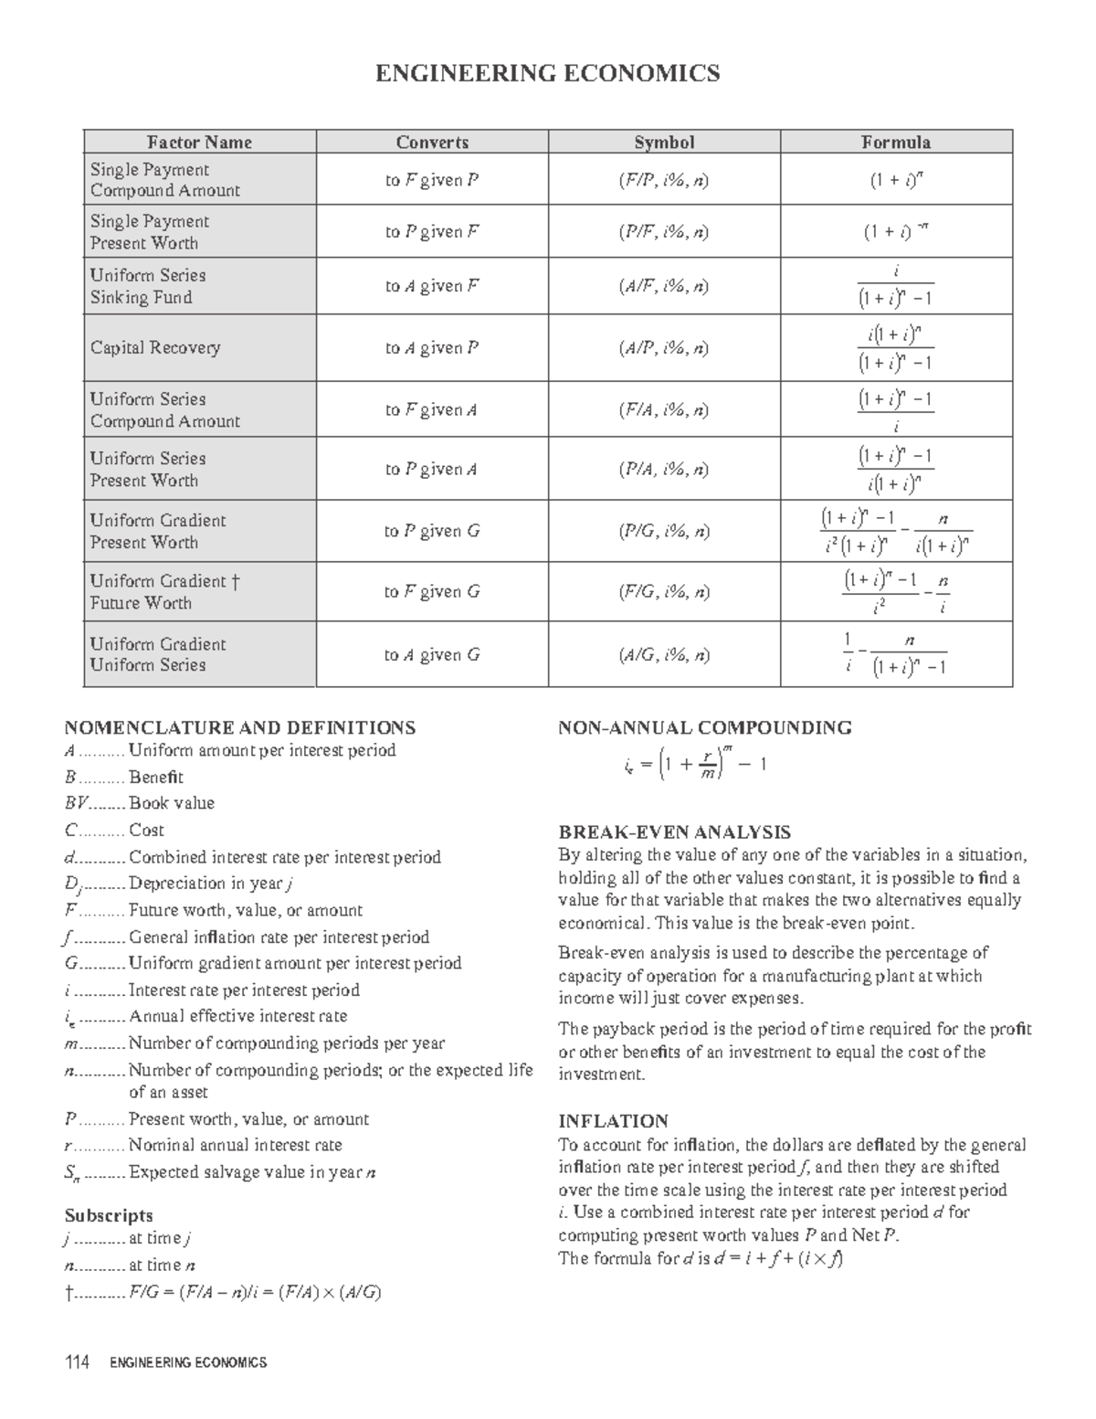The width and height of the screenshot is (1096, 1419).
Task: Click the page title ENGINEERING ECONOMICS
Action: coord(547,73)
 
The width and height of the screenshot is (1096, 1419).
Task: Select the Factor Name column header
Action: coord(200,142)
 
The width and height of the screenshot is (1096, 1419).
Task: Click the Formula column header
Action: coord(896,142)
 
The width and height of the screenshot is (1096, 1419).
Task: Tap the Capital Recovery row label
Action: coord(155,347)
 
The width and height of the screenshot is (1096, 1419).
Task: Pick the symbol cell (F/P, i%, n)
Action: coord(664,180)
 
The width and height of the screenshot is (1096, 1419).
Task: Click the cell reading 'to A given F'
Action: coord(431,286)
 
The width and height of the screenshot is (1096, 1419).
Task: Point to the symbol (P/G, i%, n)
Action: coord(664,531)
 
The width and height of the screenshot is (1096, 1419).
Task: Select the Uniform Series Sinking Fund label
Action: coord(147,286)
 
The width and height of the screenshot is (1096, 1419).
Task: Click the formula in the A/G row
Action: coord(895,654)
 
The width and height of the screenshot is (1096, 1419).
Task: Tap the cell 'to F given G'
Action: coord(431,591)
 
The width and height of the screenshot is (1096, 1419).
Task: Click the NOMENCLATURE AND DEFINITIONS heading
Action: coord(239,727)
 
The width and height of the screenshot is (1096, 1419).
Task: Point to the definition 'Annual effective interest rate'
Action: coord(237,1016)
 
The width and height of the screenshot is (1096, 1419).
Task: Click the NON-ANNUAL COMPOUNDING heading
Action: coord(704,727)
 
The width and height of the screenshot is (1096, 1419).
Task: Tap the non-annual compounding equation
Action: coord(690,763)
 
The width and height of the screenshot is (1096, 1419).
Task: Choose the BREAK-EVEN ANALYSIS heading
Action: coord(674,832)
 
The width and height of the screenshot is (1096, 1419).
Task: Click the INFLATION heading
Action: coord(613,1121)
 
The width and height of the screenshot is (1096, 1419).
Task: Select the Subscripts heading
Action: coord(108,1215)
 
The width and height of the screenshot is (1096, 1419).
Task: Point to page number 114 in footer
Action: coord(77,1362)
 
